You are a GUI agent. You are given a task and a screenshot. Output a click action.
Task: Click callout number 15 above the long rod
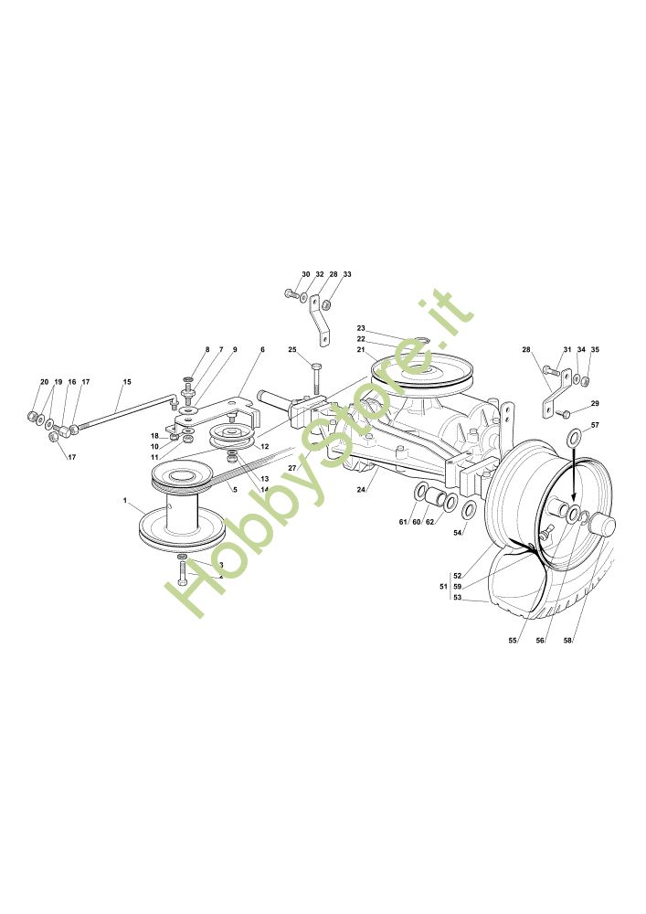coord(127,381)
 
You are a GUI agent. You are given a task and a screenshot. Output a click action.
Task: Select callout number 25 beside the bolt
coord(292,349)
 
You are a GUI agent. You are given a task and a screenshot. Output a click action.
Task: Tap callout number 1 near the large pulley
coord(124,500)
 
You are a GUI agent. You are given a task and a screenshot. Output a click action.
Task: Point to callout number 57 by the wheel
coord(595,426)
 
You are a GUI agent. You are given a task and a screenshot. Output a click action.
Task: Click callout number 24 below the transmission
coord(362,490)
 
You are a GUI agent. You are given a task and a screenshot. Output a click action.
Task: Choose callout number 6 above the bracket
coord(262,350)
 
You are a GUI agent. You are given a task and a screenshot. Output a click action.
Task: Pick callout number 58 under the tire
coord(568,641)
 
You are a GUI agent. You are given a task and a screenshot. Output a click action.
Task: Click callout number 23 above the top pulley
coord(361,328)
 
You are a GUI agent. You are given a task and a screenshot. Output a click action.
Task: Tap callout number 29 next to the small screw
coord(595,403)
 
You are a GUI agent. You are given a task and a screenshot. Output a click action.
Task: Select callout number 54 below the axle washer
coord(458,532)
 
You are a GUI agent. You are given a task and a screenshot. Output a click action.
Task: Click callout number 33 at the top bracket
coord(347,274)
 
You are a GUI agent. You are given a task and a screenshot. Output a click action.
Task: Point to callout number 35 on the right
coord(595,350)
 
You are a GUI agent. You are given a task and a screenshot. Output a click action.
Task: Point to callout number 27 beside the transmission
coord(292,467)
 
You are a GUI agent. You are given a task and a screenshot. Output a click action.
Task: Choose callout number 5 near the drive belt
coord(235,490)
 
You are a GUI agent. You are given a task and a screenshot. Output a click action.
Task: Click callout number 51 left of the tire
coord(443,586)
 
